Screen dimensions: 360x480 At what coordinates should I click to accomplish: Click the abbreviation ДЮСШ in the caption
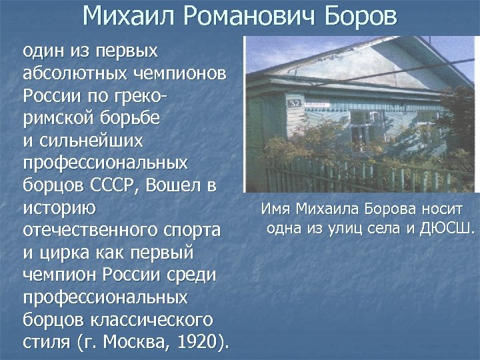coord(449,230)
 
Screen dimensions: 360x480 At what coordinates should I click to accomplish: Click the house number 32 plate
coord(294,103)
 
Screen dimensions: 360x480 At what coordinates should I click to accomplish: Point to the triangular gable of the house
coord(347,63)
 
